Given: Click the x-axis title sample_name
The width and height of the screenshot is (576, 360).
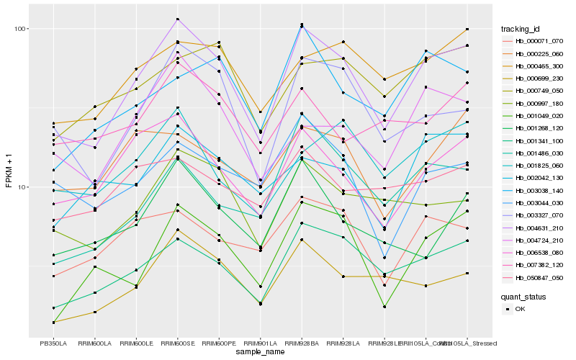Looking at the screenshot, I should pyautogui.click(x=260, y=353).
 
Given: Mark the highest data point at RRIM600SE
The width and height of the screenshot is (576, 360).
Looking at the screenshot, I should pyautogui.click(x=177, y=19).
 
